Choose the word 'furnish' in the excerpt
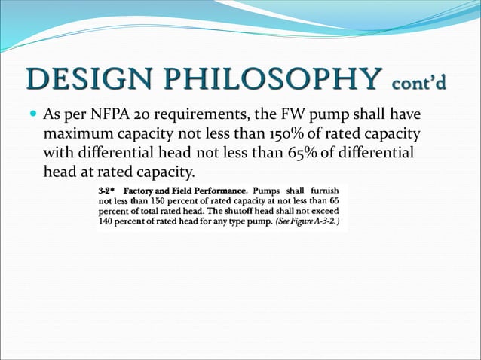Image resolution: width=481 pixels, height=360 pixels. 325,189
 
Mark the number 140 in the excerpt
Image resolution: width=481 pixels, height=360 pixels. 107,224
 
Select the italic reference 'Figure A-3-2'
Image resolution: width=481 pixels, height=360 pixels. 317,224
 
